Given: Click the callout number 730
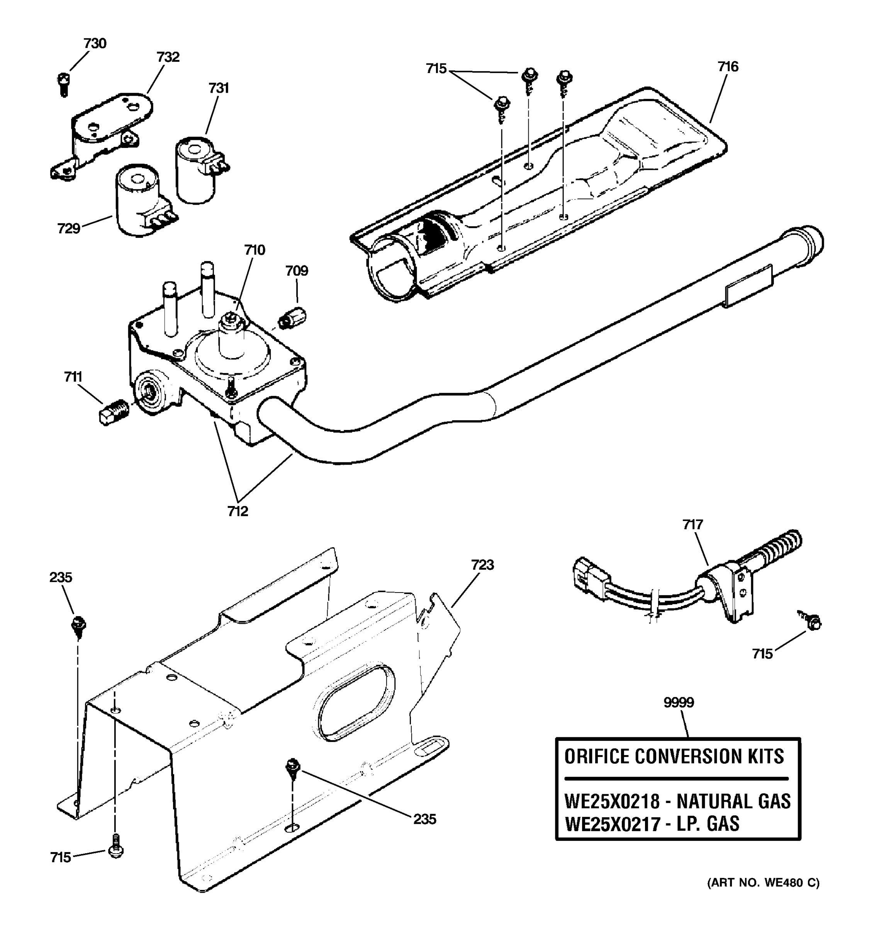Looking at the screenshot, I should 95,43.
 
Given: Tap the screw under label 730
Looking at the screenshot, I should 64,84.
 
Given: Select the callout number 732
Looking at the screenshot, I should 168,57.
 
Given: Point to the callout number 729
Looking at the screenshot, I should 68,229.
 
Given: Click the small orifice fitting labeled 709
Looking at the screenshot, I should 292,317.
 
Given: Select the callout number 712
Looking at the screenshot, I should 238,511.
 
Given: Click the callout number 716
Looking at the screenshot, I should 728,67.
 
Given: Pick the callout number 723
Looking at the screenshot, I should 482,565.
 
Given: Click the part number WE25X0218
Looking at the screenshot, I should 612,801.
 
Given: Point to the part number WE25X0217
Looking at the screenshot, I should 612,824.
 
